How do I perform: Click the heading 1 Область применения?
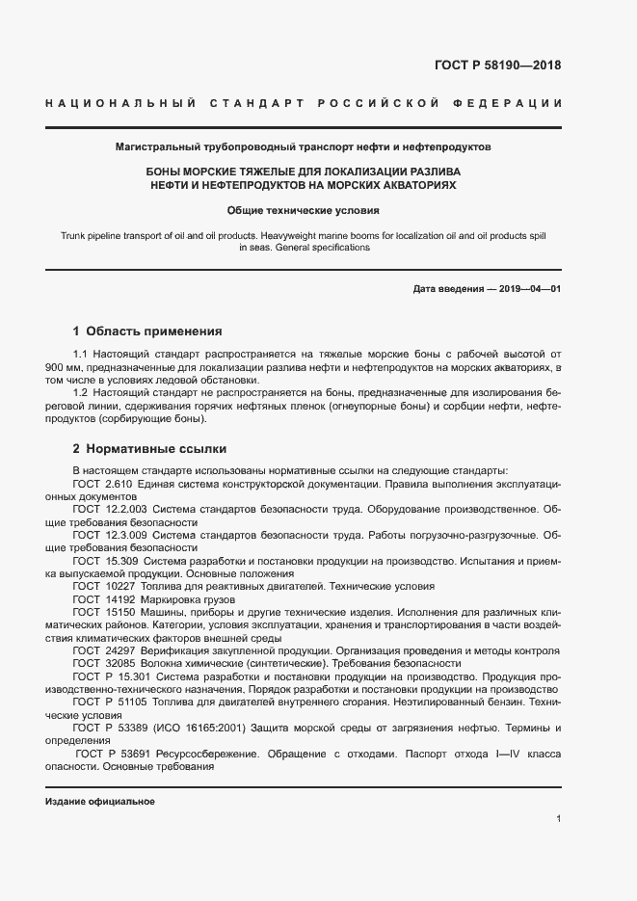click(x=147, y=331)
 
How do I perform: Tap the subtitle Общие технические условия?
click(x=304, y=209)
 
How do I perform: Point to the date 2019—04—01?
click(x=527, y=289)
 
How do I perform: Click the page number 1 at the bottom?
click(x=558, y=818)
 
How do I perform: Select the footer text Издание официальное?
click(x=100, y=801)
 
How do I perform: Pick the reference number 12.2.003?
click(x=124, y=507)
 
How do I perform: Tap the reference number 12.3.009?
click(x=124, y=534)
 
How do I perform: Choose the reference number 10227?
click(x=119, y=585)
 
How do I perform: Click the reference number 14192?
click(x=119, y=598)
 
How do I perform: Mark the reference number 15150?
click(x=119, y=612)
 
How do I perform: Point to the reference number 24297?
click(x=119, y=650)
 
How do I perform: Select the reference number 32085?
click(x=119, y=663)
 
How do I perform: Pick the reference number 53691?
click(x=133, y=755)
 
